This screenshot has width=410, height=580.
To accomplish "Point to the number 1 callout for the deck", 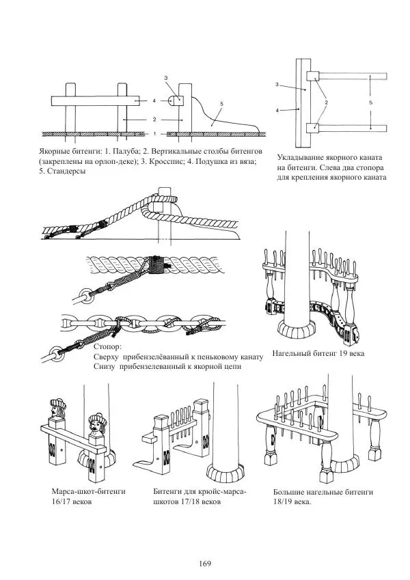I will coord(155,134).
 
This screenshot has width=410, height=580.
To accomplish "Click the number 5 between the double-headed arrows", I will coord(370,102).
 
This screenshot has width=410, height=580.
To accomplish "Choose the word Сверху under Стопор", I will coord(105,357).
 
